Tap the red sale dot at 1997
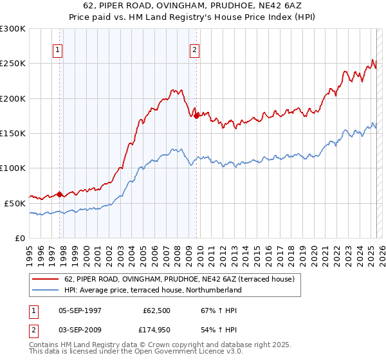59,194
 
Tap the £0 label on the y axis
21,238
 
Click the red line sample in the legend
46,279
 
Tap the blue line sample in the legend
46,290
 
